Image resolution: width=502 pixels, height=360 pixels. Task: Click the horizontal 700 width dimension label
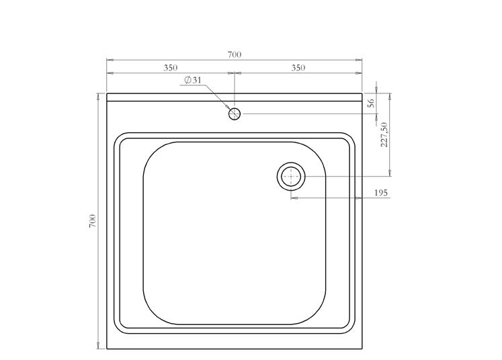click(235, 54)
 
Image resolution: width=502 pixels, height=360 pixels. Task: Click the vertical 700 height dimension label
click(92, 221)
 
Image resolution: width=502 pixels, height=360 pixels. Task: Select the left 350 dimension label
click(170, 68)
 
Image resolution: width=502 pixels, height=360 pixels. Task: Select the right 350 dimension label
click(298, 68)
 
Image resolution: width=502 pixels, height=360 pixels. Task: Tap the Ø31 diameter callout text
click(193, 80)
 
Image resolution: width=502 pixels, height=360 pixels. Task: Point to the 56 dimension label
click(371, 103)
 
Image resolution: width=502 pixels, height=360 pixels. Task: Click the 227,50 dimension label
click(384, 134)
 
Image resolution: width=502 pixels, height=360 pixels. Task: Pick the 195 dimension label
click(380, 193)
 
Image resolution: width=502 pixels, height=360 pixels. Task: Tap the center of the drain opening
click(291, 177)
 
